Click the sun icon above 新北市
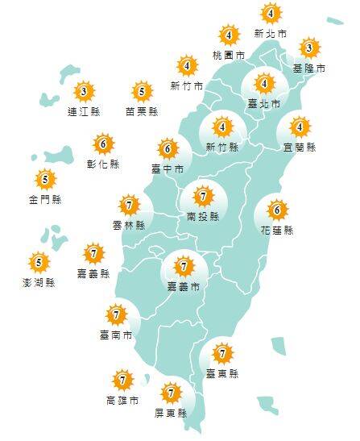271,14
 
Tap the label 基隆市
309,69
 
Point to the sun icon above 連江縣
83,91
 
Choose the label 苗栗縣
142,113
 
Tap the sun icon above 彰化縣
102,145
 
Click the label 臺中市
168,169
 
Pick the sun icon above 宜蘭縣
300,127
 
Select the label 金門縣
45,199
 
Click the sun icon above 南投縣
204,196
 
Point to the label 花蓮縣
277,231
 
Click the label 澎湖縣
39,283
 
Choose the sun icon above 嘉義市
184,265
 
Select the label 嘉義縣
94,276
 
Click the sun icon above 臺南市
118,314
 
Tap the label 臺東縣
221,373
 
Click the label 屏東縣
170,414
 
